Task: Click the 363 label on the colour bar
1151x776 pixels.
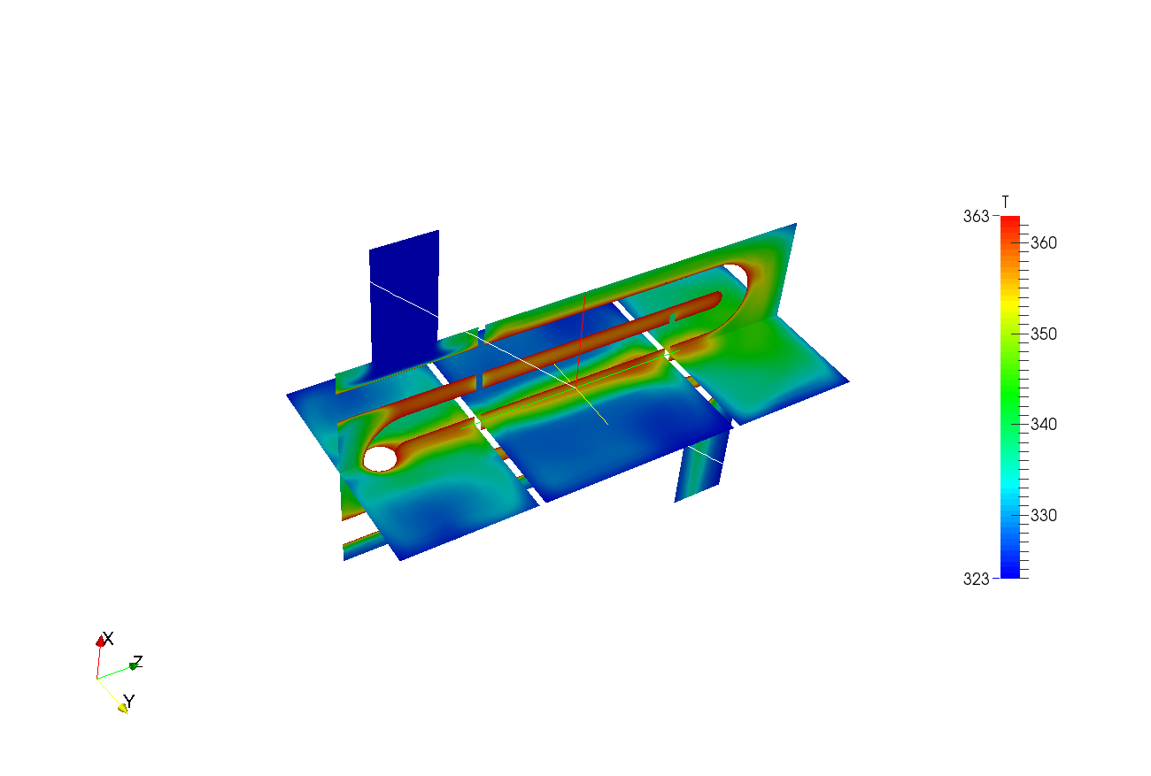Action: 976,216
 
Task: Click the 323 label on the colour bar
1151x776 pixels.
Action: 976,579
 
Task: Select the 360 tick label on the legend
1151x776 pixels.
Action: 1044,243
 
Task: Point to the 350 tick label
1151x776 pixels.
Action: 1044,334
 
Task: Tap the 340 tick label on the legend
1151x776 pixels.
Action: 1044,425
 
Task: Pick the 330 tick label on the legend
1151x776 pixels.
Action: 1044,516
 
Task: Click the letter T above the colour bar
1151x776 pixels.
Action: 1006,202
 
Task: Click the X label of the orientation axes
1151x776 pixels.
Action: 108,639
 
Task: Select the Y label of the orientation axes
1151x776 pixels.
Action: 129,702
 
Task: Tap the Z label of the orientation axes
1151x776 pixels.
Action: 137,662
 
